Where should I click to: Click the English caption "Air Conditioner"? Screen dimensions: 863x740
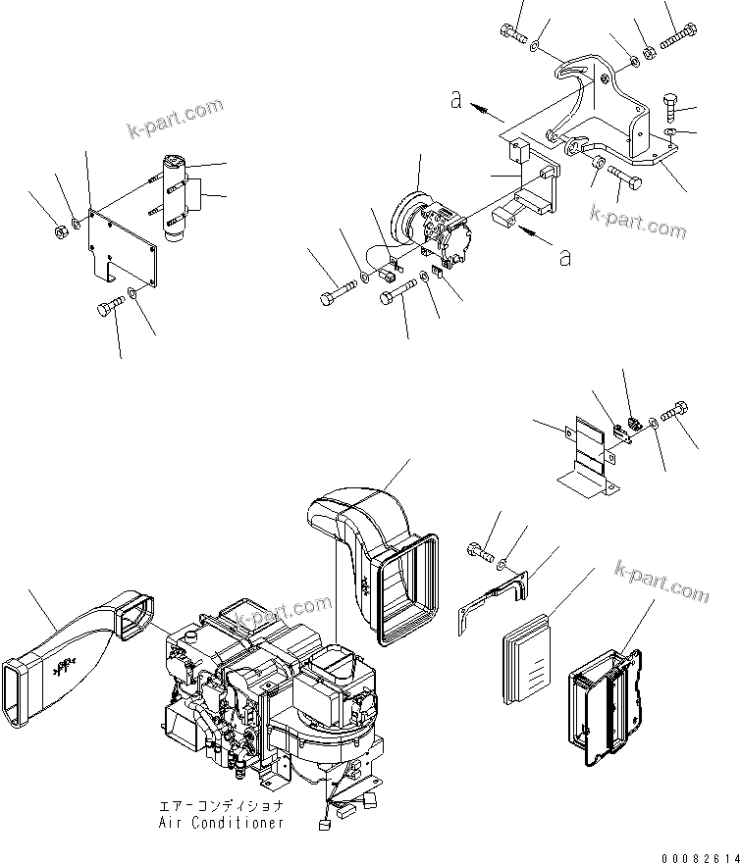(221, 822)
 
